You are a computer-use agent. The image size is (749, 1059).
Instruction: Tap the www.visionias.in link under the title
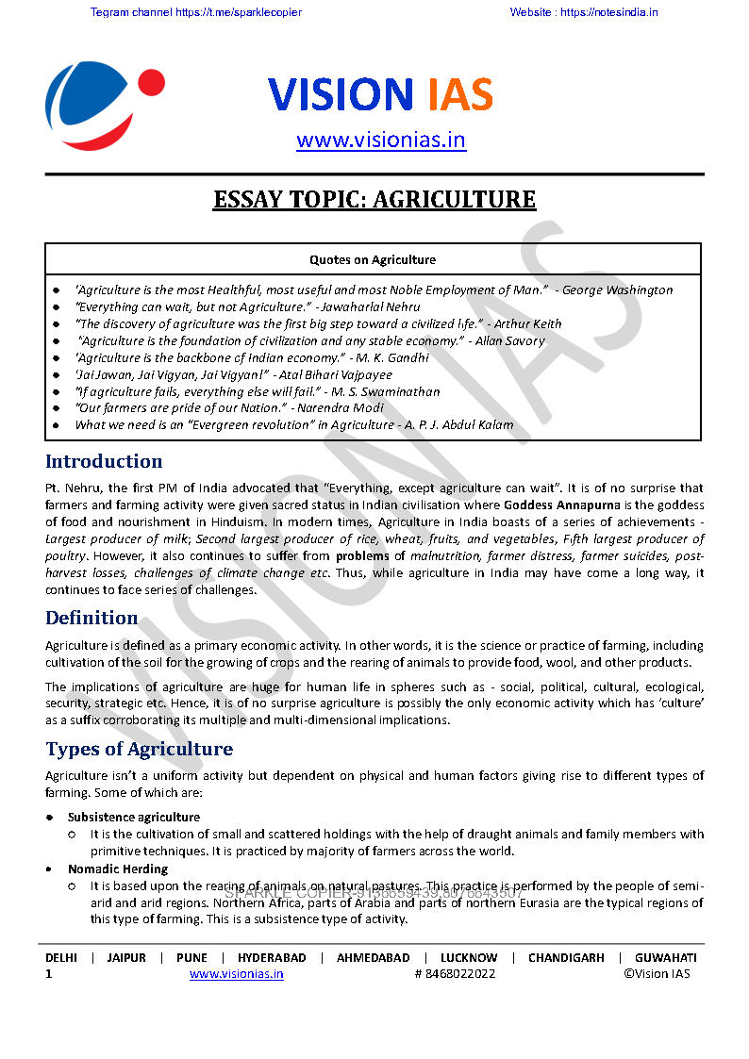[x=380, y=141]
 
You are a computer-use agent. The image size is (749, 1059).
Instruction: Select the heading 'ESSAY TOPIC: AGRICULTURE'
[x=374, y=200]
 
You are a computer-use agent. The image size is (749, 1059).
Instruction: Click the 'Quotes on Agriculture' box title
[x=373, y=259]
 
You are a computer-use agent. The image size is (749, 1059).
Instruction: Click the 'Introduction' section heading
[x=104, y=461]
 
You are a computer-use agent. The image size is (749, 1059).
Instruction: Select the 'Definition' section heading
[x=92, y=618]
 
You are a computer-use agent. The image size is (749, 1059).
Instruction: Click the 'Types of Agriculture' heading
[x=139, y=750]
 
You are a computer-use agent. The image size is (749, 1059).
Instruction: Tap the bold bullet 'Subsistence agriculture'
[x=134, y=817]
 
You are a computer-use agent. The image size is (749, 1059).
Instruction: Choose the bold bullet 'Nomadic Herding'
[x=118, y=869]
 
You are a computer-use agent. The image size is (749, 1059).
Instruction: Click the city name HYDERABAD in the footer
[x=272, y=957]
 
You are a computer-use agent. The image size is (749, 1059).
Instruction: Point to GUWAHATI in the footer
[x=665, y=957]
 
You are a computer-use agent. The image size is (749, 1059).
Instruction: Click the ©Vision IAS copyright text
[x=657, y=974]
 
